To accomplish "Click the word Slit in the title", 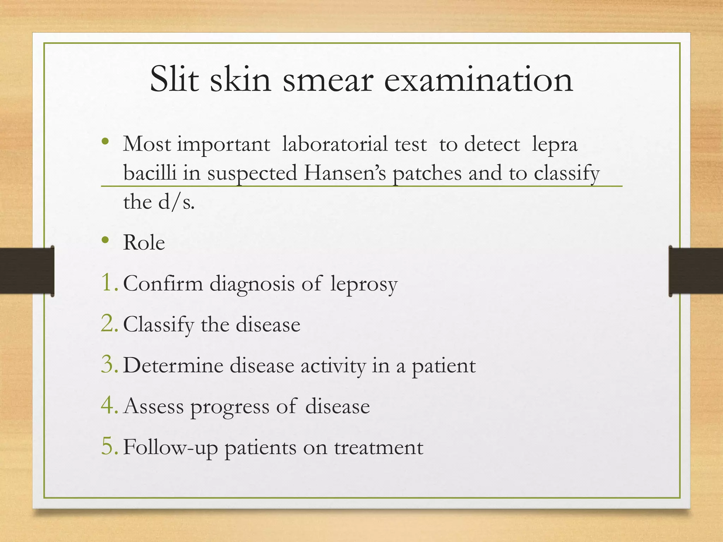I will [174, 80].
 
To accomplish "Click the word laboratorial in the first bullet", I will [354, 145].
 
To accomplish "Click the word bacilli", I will [150, 173].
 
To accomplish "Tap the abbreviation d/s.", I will [176, 203].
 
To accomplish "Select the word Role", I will [144, 243].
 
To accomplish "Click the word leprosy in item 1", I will [364, 284].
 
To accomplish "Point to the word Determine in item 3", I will [173, 365].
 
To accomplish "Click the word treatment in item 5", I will [379, 447].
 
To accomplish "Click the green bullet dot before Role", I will [105, 240].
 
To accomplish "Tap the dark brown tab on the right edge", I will [695, 271].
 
